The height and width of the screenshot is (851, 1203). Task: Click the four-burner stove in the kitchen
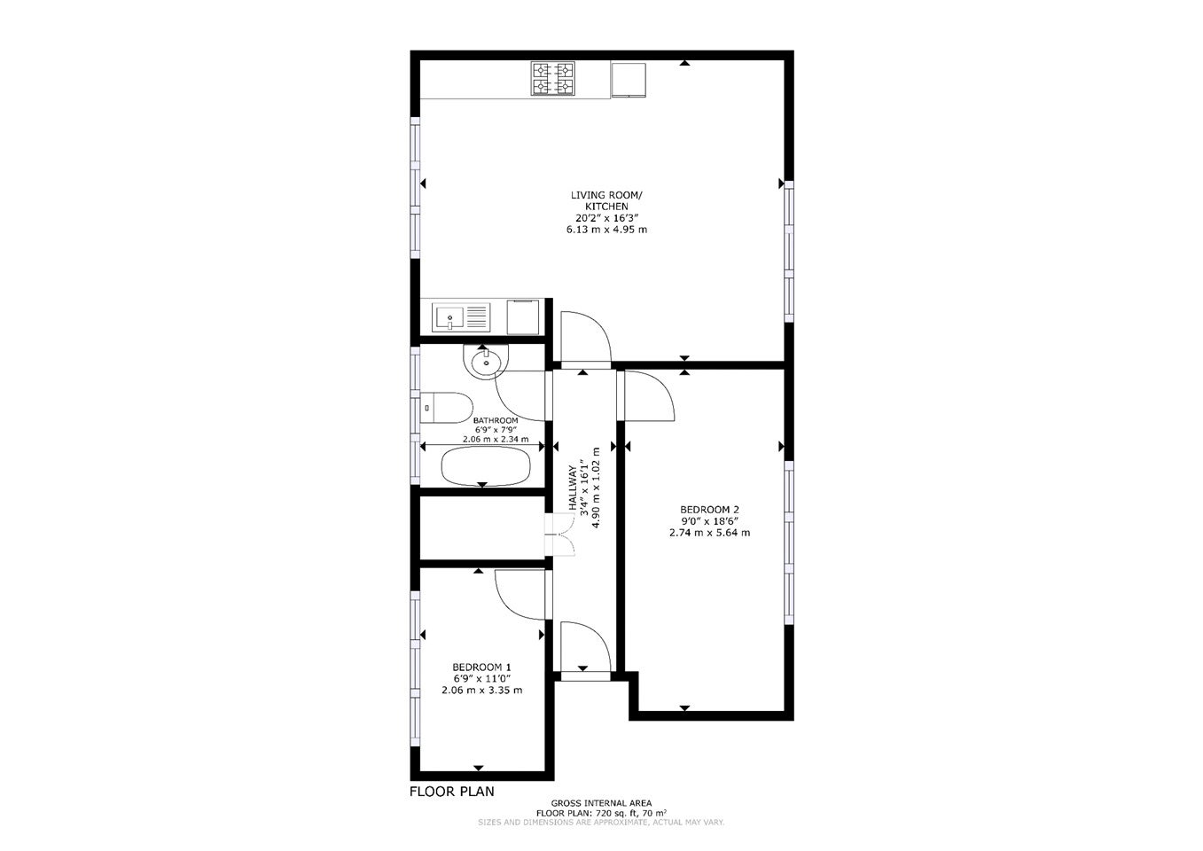click(552, 78)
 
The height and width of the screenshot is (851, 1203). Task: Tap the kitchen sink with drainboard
click(461, 316)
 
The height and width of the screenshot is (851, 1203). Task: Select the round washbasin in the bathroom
click(486, 362)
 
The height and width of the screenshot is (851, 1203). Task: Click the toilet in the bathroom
click(446, 408)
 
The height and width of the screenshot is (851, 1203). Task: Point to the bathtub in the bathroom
click(486, 466)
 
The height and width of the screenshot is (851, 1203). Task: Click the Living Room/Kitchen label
click(606, 200)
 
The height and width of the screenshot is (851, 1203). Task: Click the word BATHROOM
click(496, 420)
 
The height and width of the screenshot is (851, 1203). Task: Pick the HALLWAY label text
click(573, 488)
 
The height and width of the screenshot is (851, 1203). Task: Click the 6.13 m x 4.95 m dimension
click(606, 230)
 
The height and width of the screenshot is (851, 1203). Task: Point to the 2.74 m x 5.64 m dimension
click(709, 533)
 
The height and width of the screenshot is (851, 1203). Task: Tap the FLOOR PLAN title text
click(451, 792)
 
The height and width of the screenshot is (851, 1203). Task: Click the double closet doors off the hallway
click(559, 535)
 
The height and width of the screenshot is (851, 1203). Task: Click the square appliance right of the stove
click(629, 80)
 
